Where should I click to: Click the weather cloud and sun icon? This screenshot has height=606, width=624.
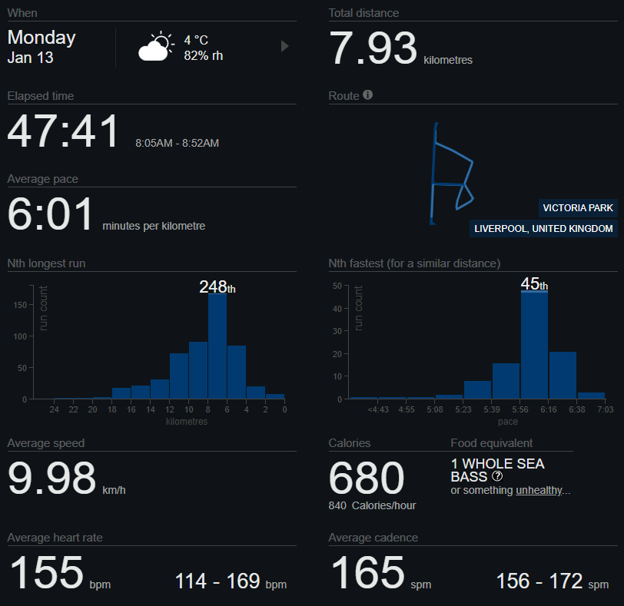(155, 47)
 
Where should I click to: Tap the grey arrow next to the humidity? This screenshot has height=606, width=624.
(284, 46)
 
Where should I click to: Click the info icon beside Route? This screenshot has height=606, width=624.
(367, 95)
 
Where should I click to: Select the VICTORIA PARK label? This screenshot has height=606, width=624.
(578, 208)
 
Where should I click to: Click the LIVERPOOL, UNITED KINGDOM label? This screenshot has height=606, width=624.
(544, 229)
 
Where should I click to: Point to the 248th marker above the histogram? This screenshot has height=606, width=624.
(217, 287)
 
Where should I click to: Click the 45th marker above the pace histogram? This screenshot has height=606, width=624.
(534, 284)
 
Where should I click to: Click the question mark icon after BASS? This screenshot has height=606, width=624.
(497, 477)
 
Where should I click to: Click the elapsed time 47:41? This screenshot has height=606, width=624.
(64, 131)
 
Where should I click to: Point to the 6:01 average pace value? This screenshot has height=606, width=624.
(51, 214)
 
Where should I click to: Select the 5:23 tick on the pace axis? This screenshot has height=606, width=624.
(464, 410)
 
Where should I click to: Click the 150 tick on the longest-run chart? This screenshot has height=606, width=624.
(21, 304)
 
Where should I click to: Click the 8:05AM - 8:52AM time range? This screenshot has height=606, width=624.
(177, 143)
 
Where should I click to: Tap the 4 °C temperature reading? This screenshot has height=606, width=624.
(196, 40)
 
